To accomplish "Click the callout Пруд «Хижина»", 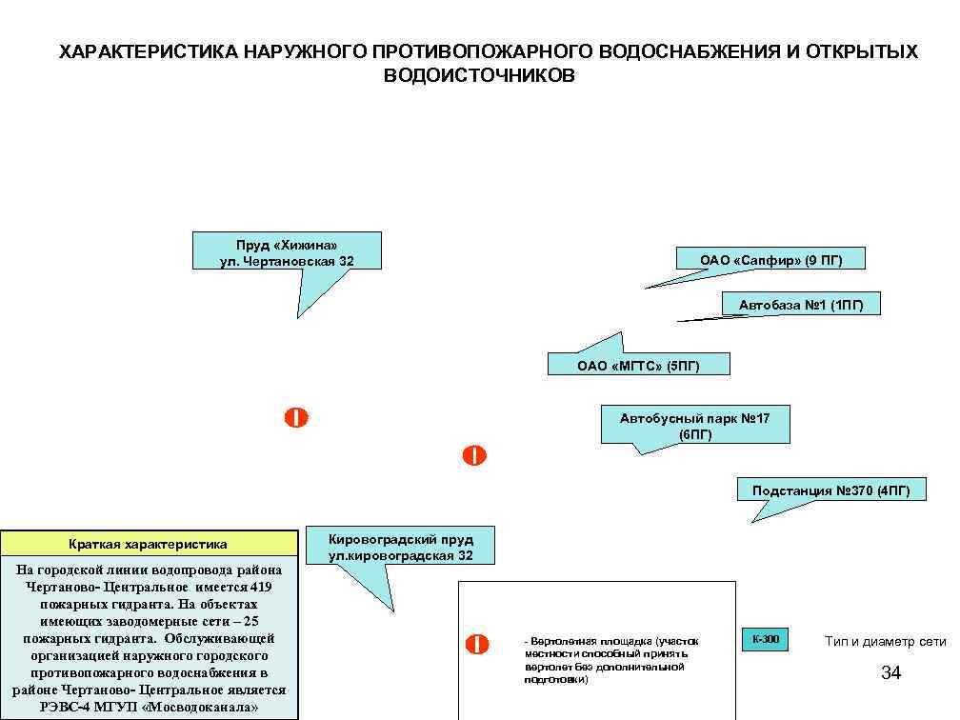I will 287,245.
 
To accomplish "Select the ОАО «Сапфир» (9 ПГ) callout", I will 770,259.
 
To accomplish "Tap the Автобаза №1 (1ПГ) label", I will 801,305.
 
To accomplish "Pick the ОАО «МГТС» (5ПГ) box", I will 638,365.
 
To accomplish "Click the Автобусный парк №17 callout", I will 694,426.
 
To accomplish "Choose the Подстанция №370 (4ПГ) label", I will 830,491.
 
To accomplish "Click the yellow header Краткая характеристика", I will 148,545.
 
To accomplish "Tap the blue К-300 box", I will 765,639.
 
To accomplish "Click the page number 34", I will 890,674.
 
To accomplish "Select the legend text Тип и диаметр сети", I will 885,642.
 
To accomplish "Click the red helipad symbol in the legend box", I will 477,645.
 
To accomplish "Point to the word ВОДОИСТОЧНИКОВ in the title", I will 479,76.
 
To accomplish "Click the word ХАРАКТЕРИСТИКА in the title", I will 148,51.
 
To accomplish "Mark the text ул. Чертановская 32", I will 287,260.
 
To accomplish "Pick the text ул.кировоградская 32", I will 400,555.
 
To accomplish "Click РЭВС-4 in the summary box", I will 65,708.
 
